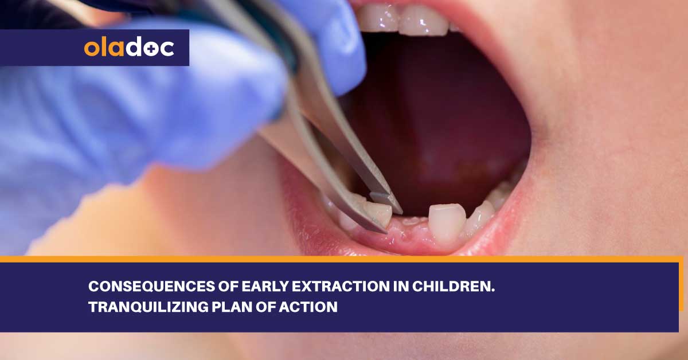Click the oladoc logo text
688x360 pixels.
click(129, 48)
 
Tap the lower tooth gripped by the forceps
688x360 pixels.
click(378, 214)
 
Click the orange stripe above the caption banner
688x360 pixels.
click(344, 259)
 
